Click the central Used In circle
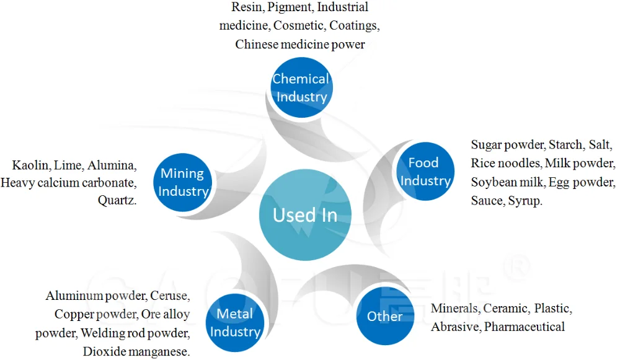pos(305,215)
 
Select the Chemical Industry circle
pos(301,87)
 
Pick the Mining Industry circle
pos(182,182)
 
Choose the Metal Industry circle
pos(235,323)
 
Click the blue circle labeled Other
pos(385,316)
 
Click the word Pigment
pos(292,8)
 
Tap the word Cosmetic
pos(298,26)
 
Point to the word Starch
pos(565,146)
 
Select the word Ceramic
pos(506,309)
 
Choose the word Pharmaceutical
pos(525,327)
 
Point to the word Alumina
pos(111,165)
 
